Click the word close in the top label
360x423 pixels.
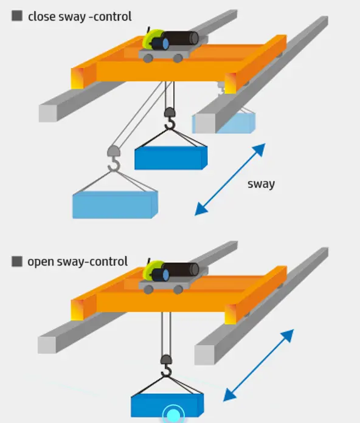[41, 16]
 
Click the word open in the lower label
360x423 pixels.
[40, 262]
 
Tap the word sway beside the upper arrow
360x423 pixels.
[261, 184]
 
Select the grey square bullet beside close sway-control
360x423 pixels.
[17, 16]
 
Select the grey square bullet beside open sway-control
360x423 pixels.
[17, 261]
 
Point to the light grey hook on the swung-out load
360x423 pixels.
[114, 159]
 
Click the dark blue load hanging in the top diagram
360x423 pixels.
[171, 158]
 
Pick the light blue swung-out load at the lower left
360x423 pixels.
[115, 205]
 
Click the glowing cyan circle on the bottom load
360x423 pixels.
[173, 414]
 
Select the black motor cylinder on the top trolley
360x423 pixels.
[180, 38]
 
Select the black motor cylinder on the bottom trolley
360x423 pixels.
[180, 270]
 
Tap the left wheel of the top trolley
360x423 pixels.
[148, 58]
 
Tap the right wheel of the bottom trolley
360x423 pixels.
[178, 290]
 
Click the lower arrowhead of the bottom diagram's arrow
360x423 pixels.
[230, 394]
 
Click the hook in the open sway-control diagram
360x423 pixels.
[166, 366]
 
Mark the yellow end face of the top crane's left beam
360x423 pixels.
[77, 78]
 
